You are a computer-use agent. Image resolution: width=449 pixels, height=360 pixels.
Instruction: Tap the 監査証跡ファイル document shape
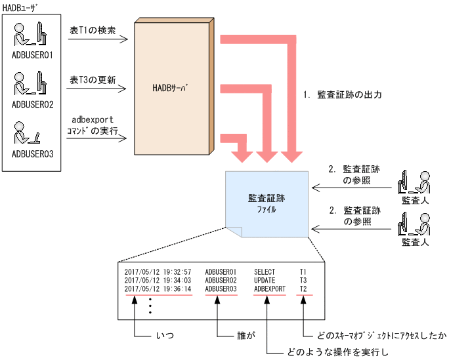[267, 203]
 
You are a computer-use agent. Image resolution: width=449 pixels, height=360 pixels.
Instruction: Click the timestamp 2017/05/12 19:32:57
[158, 271]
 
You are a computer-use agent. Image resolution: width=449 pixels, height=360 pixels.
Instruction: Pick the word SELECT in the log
[265, 271]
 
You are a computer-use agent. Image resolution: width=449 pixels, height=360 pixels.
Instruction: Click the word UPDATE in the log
[265, 280]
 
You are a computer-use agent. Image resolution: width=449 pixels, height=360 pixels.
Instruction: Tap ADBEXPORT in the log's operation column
[270, 289]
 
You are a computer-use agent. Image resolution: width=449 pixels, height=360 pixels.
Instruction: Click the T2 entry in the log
[303, 289]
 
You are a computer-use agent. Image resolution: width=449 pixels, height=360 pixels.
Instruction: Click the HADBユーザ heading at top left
[22, 6]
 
